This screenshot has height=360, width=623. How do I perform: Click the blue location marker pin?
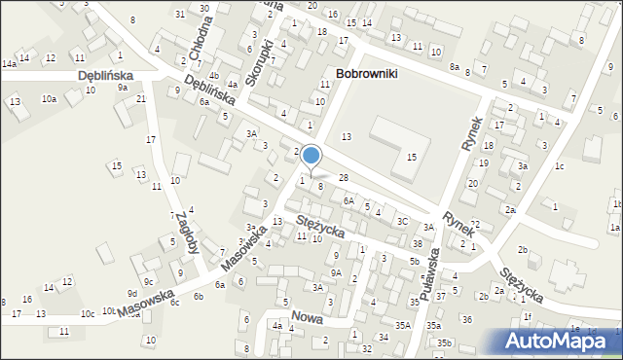click(311, 157)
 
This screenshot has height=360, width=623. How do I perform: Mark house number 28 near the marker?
click(343, 177)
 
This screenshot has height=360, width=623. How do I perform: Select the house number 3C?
click(402, 221)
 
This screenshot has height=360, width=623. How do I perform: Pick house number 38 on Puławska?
click(417, 243)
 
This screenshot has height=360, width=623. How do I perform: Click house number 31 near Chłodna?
click(180, 14)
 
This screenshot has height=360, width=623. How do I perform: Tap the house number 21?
click(141, 99)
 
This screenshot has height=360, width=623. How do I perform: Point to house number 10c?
click(88, 313)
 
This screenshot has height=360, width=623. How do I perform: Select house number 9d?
click(131, 293)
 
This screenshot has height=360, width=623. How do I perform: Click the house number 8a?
click(455, 66)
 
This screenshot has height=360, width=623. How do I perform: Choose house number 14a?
click(9, 63)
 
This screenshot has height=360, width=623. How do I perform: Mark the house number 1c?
click(559, 166)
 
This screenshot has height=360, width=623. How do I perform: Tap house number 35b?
click(444, 342)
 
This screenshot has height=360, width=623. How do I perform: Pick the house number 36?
click(467, 319)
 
